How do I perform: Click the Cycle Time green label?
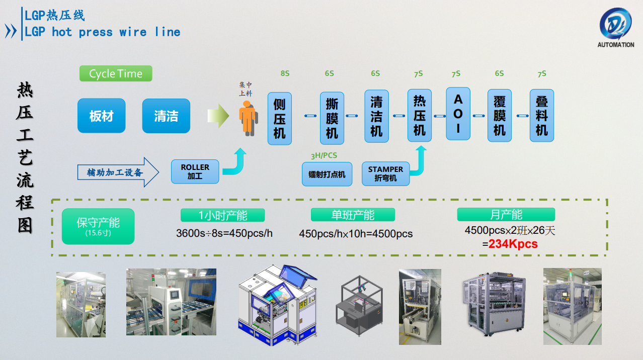pos(116,73)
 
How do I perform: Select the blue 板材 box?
pos(101,116)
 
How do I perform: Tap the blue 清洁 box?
pos(166,116)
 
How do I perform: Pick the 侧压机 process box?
pos(279,119)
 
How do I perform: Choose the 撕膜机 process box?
pos(332,119)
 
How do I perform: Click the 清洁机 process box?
pos(376,117)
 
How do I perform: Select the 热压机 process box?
pos(420,116)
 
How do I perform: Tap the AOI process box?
pos(458,114)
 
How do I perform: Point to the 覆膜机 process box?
pos(500,116)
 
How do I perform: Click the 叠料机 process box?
pos(542,116)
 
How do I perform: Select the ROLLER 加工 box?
pos(195,171)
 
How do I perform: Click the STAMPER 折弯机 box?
pos(385,173)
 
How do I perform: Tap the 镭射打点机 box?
pos(327,174)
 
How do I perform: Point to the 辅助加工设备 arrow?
pos(119,172)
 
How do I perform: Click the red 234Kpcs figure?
pos(513,244)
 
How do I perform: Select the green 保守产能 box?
pos(98,226)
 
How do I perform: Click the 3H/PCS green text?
pos(324,155)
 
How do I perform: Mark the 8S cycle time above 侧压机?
pos(285,73)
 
